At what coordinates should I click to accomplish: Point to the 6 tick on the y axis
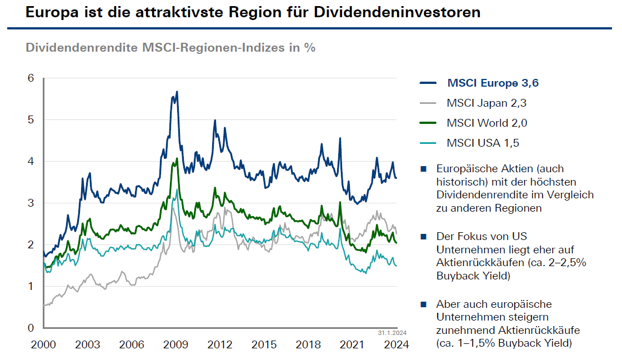click(31, 78)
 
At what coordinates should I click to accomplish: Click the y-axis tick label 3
click(31, 203)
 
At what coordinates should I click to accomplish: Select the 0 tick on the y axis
click(31, 328)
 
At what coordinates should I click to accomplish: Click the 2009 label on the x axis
click(175, 344)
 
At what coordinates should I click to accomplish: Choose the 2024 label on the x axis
click(397, 344)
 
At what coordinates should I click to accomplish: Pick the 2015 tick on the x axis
click(264, 344)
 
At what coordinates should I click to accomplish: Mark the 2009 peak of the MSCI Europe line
click(177, 92)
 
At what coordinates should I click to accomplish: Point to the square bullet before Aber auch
click(424, 304)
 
